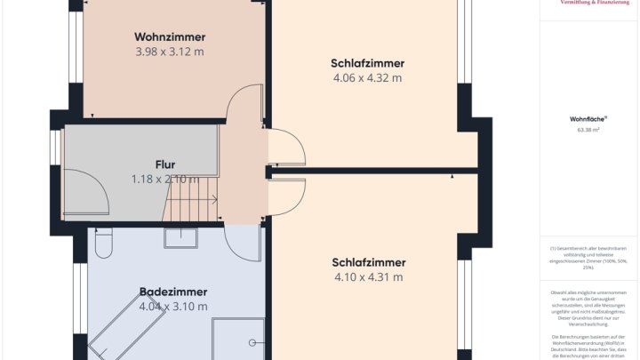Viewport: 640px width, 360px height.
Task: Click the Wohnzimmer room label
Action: [x=170, y=37]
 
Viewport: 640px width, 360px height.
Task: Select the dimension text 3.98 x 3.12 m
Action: [x=170, y=52]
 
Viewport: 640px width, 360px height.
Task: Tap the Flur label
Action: [x=165, y=164]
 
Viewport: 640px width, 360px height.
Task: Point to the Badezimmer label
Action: [x=173, y=292]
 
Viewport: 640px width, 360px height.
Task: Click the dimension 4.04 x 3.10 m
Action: [x=173, y=307]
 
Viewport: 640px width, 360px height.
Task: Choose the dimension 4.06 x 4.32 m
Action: [x=367, y=77]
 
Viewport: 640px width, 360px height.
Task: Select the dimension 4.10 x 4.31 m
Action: [x=368, y=276]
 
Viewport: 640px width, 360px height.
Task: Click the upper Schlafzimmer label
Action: [x=367, y=63]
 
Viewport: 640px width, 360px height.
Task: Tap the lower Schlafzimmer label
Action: [x=368, y=262]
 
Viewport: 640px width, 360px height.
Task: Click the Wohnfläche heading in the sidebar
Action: [x=588, y=118]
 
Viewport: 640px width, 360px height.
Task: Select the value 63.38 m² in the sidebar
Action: [x=588, y=130]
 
